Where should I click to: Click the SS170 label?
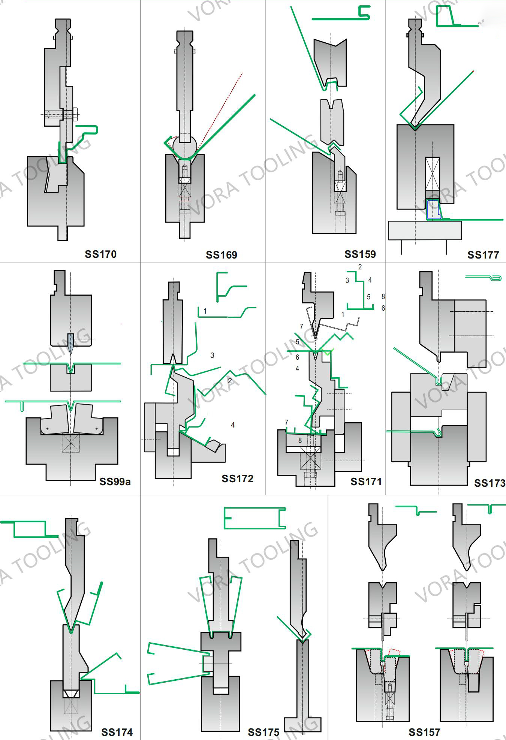[x=100, y=254]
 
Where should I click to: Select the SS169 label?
[x=222, y=255]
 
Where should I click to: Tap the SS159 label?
[x=360, y=254]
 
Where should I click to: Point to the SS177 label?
[x=483, y=255]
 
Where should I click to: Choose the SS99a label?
[x=115, y=481]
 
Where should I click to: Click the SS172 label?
[x=237, y=478]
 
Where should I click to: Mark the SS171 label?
[x=366, y=481]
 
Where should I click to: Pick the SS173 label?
[x=490, y=483]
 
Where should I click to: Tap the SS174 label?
[x=117, y=732]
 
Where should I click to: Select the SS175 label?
[x=263, y=732]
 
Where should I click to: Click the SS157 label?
[x=424, y=732]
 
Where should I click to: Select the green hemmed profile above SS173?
[x=484, y=278]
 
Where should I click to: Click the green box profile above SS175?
[x=255, y=518]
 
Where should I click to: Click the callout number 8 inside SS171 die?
[x=300, y=440]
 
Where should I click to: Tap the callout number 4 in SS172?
[x=233, y=425]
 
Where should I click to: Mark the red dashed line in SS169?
[x=221, y=109]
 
